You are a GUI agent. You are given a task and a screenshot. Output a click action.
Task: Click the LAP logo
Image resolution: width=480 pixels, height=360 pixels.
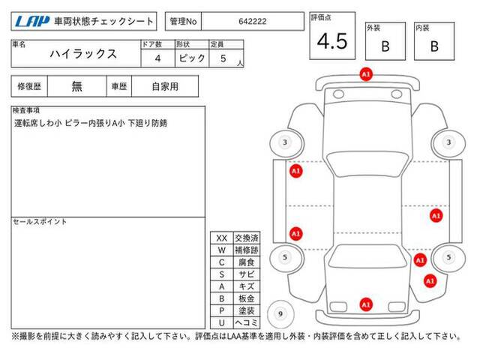click(32, 22)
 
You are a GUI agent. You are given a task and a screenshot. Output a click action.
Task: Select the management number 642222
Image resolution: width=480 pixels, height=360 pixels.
click(253, 22)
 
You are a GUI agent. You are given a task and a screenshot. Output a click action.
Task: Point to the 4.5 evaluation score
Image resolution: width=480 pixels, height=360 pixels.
click(332, 41)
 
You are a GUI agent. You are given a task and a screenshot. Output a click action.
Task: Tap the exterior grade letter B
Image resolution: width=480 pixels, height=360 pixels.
click(385, 46)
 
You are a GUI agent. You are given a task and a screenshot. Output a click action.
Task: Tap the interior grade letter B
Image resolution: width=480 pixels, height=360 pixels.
click(434, 46)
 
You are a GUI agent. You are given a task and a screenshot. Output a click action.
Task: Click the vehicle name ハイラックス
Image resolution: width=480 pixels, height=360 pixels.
click(83, 54)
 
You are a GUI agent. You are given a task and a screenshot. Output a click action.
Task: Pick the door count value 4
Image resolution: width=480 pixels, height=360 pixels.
click(157, 58)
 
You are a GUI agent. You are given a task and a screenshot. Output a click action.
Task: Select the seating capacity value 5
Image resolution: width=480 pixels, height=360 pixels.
click(223, 58)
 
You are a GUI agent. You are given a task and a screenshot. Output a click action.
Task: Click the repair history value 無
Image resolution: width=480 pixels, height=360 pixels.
click(76, 86)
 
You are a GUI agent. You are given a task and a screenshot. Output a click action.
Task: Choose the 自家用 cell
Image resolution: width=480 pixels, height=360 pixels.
click(165, 87)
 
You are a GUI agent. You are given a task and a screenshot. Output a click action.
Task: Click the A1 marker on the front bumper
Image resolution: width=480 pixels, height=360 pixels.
click(366, 74)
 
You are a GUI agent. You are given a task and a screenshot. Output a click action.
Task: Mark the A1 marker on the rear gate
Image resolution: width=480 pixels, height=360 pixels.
click(366, 304)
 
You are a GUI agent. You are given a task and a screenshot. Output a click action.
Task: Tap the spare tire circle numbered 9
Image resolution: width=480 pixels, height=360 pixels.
click(280, 314)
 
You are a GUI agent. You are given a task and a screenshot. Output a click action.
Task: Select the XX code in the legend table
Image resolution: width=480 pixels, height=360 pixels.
click(222, 238)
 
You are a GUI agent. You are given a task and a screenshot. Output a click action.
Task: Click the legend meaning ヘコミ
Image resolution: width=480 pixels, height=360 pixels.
click(247, 322)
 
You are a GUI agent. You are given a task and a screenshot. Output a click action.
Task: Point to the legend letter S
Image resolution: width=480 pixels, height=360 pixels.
click(222, 274)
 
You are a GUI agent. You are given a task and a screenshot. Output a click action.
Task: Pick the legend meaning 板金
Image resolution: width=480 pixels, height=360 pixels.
click(247, 298)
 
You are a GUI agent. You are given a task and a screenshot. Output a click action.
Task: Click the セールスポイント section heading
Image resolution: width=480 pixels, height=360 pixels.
click(40, 222)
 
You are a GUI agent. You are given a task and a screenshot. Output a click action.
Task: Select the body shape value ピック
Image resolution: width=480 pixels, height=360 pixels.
click(192, 58)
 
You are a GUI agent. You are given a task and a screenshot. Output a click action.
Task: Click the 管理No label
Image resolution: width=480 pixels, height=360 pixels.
click(183, 22)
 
